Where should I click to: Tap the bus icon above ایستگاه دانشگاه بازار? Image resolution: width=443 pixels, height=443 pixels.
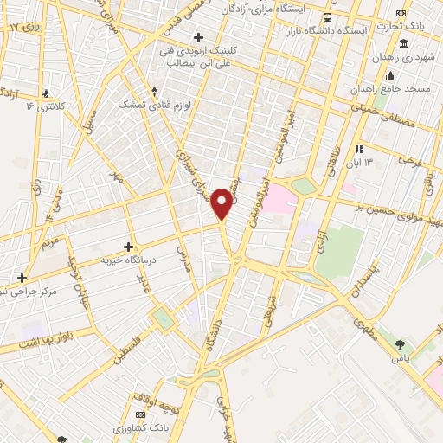[328, 17]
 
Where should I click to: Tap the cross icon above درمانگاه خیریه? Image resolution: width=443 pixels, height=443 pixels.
[129, 247]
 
